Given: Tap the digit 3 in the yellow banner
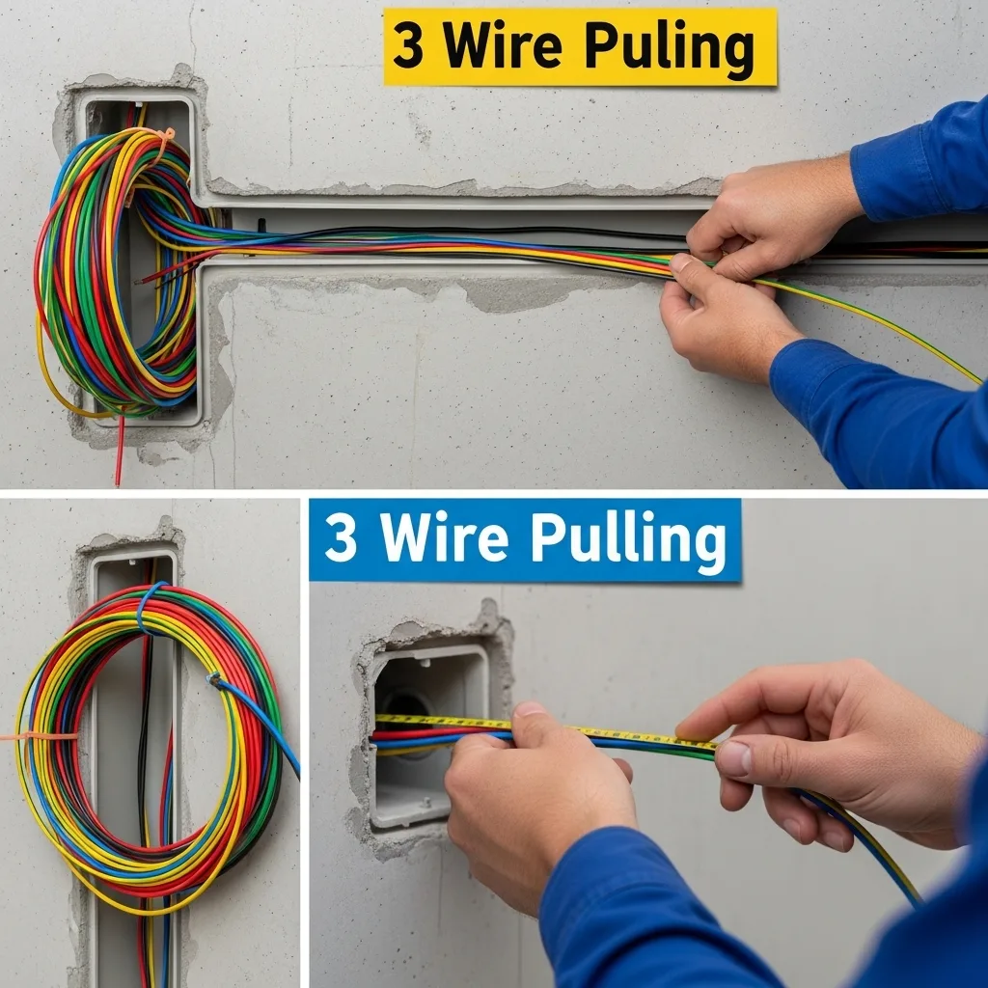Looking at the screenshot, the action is (408, 46).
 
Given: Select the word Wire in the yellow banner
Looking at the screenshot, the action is (502, 45).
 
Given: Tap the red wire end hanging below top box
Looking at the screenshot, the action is (119, 453).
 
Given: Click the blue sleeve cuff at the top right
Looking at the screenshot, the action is (882, 182).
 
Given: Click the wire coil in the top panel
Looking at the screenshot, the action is (120, 271).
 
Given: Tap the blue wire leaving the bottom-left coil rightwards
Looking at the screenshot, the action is (259, 718).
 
